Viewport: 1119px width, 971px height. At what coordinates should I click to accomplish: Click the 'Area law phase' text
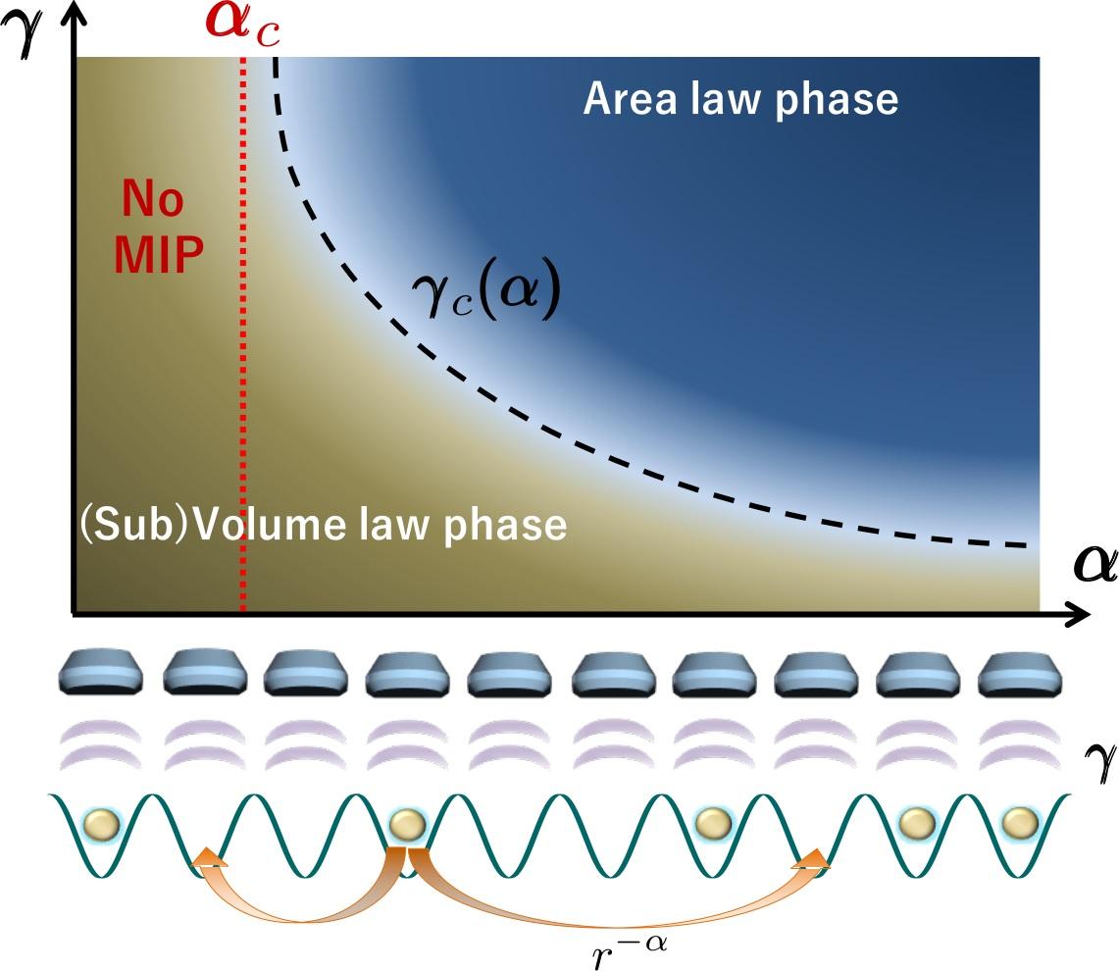pos(740,99)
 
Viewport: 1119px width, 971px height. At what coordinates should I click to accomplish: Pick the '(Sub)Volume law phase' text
pos(324,526)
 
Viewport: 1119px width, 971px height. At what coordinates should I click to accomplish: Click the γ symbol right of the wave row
pos(1096,754)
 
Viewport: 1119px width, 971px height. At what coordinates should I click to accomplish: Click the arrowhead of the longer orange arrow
pos(814,860)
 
